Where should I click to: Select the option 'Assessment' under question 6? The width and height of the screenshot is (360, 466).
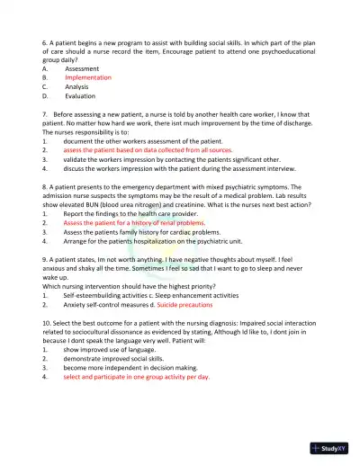[x=82, y=68]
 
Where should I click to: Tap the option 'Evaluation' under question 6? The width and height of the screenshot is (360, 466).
[x=80, y=96]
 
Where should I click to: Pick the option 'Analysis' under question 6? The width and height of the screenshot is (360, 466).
[x=78, y=87]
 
